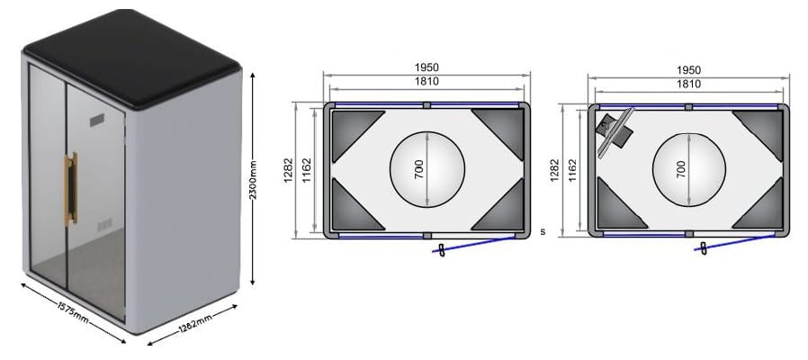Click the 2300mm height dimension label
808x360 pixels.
tap(254, 180)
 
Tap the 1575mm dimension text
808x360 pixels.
tap(73, 312)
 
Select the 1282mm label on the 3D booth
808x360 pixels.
tap(196, 322)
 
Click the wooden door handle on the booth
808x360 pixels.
tap(70, 189)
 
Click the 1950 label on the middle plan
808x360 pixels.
tap(426, 67)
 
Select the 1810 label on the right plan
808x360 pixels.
tap(689, 84)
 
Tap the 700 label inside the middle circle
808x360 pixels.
tap(418, 169)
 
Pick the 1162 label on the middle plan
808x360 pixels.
tap(307, 170)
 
